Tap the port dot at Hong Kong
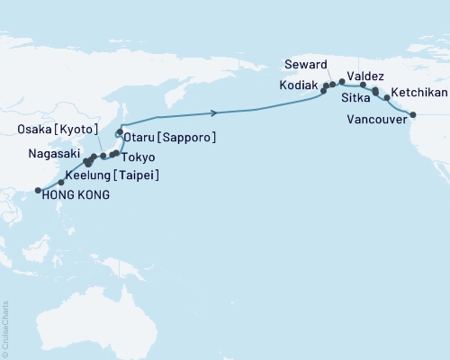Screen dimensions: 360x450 (x=38, y=190)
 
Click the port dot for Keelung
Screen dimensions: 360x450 (x=60, y=183)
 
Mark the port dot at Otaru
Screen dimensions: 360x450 (x=119, y=132)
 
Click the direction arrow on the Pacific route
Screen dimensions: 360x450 (x=214, y=112)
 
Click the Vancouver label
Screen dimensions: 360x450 (x=376, y=117)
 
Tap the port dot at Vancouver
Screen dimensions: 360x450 (x=413, y=114)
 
